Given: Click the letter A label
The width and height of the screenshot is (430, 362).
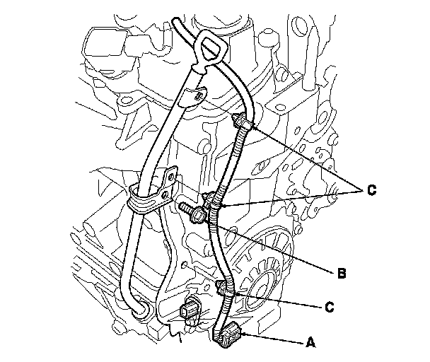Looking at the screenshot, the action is point(310,342).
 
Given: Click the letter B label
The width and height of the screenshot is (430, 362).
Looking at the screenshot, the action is point(342,273).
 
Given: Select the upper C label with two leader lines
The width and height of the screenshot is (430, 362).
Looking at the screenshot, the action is point(371,189).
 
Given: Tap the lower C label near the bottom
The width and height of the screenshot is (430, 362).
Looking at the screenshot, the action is point(330,307).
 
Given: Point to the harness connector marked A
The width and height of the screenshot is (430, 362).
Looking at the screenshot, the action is point(226,334).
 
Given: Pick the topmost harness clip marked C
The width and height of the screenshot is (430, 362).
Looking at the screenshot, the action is point(241,122).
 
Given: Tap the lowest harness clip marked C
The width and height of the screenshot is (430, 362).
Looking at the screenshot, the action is point(225,289).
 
